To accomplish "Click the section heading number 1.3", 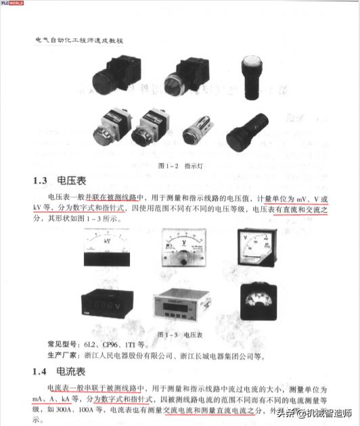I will pyautogui.click(x=44, y=181).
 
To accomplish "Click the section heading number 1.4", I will pyautogui.click(x=44, y=371).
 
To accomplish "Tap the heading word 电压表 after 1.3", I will pyautogui.click(x=75, y=181).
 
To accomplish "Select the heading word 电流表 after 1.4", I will pyautogui.click(x=75, y=371).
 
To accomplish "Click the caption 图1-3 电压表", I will pyautogui.click(x=179, y=334).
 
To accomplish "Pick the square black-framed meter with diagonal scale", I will pyautogui.click(x=254, y=250).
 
